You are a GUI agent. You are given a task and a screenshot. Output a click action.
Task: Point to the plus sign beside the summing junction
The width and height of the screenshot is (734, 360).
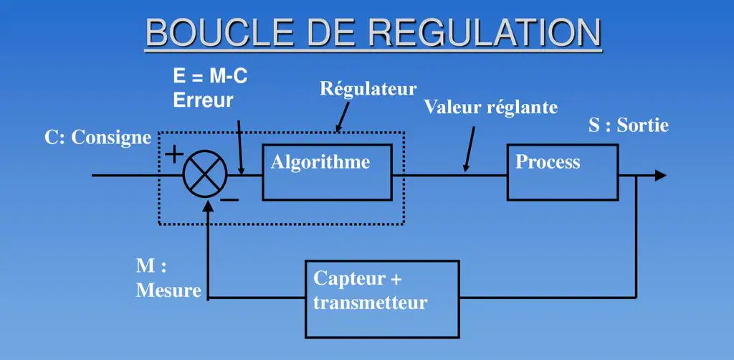pyautogui.click(x=173, y=154)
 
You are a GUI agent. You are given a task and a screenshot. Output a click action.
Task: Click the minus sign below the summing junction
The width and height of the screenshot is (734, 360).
pyautogui.click(x=230, y=200)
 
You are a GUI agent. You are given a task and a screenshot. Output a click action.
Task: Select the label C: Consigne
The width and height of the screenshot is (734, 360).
pyautogui.click(x=97, y=138)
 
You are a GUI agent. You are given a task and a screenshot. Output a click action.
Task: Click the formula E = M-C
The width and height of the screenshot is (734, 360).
pyautogui.click(x=210, y=77)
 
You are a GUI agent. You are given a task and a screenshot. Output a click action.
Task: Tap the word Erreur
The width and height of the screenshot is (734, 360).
pyautogui.click(x=203, y=100)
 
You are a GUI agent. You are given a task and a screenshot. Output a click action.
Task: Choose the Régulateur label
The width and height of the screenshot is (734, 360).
pyautogui.click(x=368, y=88)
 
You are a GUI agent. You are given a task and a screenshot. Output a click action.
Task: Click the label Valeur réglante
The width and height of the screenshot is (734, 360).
pyautogui.click(x=490, y=107)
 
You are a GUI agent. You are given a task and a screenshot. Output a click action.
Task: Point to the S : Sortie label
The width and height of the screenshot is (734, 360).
pyautogui.click(x=629, y=125)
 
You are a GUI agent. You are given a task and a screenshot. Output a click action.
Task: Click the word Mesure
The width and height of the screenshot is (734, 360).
pyautogui.click(x=168, y=290)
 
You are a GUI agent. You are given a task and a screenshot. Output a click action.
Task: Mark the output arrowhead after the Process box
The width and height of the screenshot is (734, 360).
pyautogui.click(x=660, y=176)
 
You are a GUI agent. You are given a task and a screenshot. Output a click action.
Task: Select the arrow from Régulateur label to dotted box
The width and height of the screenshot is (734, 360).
pyautogui.click(x=342, y=117)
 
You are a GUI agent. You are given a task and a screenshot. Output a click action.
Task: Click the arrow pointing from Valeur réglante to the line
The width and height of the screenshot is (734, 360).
pyautogui.click(x=469, y=149)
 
